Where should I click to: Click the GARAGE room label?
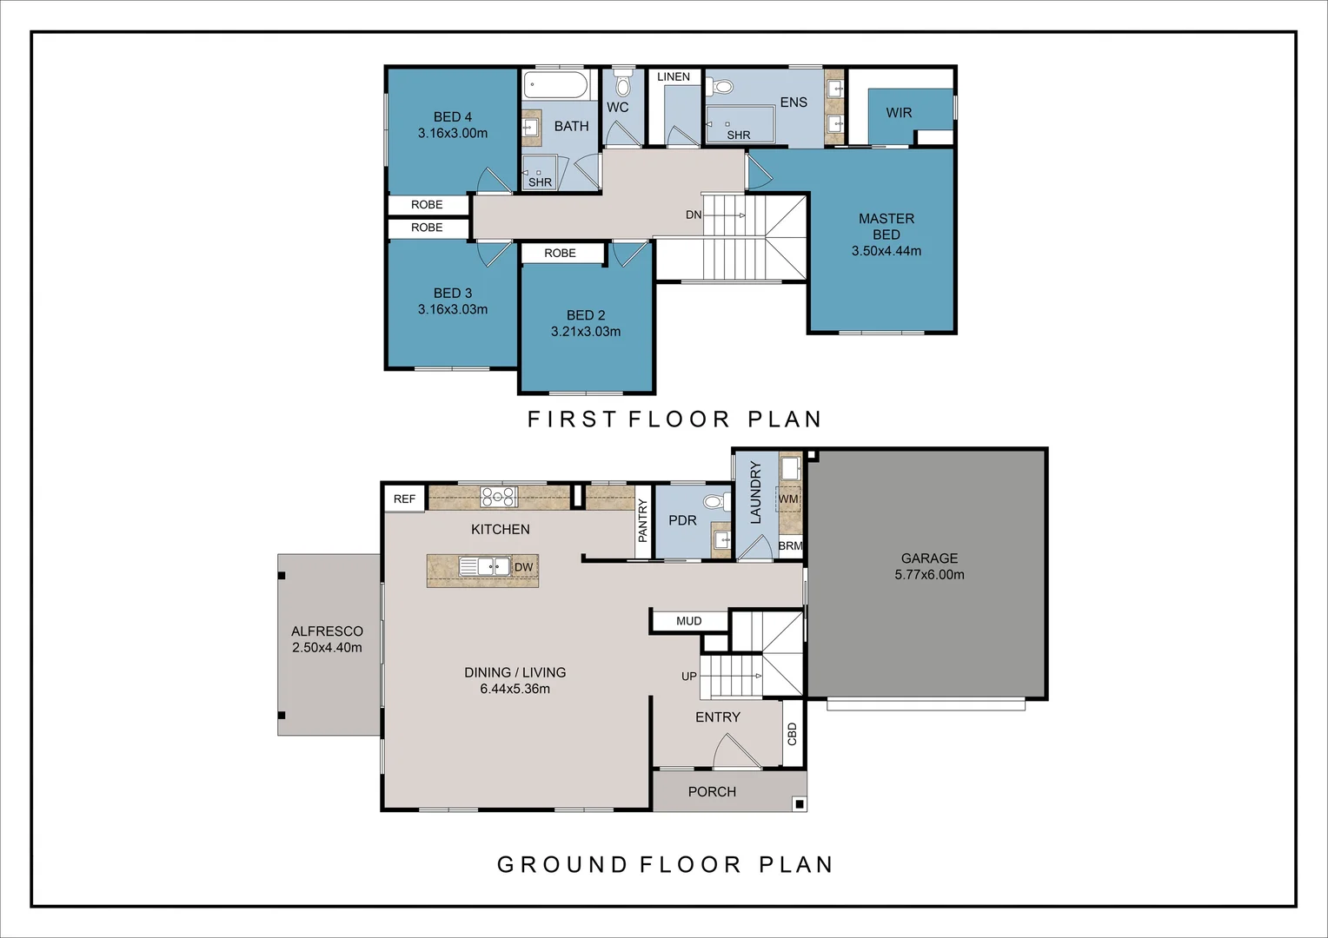(x=929, y=558)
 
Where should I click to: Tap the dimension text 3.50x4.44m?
(x=886, y=251)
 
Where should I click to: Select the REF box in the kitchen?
(x=404, y=499)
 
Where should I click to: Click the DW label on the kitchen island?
(x=523, y=567)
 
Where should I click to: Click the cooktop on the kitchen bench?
(x=499, y=497)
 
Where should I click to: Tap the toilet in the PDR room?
(x=715, y=502)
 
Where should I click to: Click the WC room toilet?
(x=621, y=84)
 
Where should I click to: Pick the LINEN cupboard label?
(x=674, y=77)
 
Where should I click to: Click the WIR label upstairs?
(x=899, y=113)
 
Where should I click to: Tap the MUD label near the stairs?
(x=688, y=621)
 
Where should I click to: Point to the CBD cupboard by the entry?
(x=792, y=735)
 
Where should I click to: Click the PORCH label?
(x=712, y=792)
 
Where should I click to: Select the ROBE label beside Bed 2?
(x=560, y=254)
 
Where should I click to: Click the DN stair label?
(x=693, y=215)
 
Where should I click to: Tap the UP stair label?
(x=688, y=677)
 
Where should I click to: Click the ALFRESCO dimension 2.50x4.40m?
(x=327, y=648)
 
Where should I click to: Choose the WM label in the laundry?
(x=788, y=499)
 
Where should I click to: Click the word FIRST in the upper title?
(x=572, y=419)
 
